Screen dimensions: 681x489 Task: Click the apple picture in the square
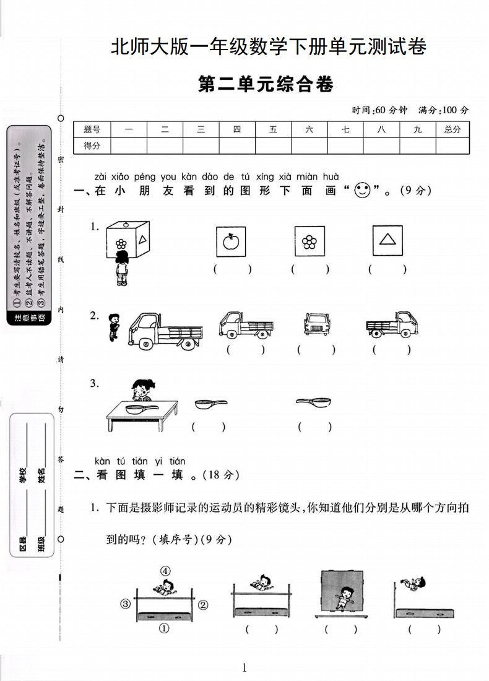point(231,240)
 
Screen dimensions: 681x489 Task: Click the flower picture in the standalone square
point(309,240)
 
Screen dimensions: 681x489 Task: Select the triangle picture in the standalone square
point(388,240)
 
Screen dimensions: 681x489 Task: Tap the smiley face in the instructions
point(362,191)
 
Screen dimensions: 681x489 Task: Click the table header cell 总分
point(452,129)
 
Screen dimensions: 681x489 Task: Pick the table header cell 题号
point(92,129)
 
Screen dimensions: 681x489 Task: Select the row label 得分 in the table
point(92,146)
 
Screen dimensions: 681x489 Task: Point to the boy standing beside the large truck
point(113,327)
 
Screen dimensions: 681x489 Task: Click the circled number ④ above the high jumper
point(165,571)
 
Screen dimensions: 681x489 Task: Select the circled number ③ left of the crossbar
point(126,604)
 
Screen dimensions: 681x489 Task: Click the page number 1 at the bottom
point(244,667)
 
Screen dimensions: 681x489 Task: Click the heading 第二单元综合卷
point(266,84)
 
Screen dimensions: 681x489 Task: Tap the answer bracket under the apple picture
point(232,269)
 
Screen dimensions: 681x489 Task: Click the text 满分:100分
point(443,110)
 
